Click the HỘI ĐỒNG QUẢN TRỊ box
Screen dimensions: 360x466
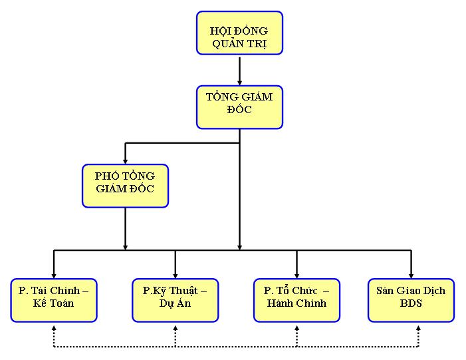coord(239,33)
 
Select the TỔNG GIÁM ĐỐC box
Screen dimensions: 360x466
coord(239,106)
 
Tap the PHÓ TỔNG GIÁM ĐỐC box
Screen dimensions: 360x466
coord(125,185)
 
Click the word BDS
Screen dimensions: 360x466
coord(411,305)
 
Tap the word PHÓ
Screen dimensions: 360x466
coord(106,176)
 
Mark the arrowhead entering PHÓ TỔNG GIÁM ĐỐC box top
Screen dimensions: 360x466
coord(125,160)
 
